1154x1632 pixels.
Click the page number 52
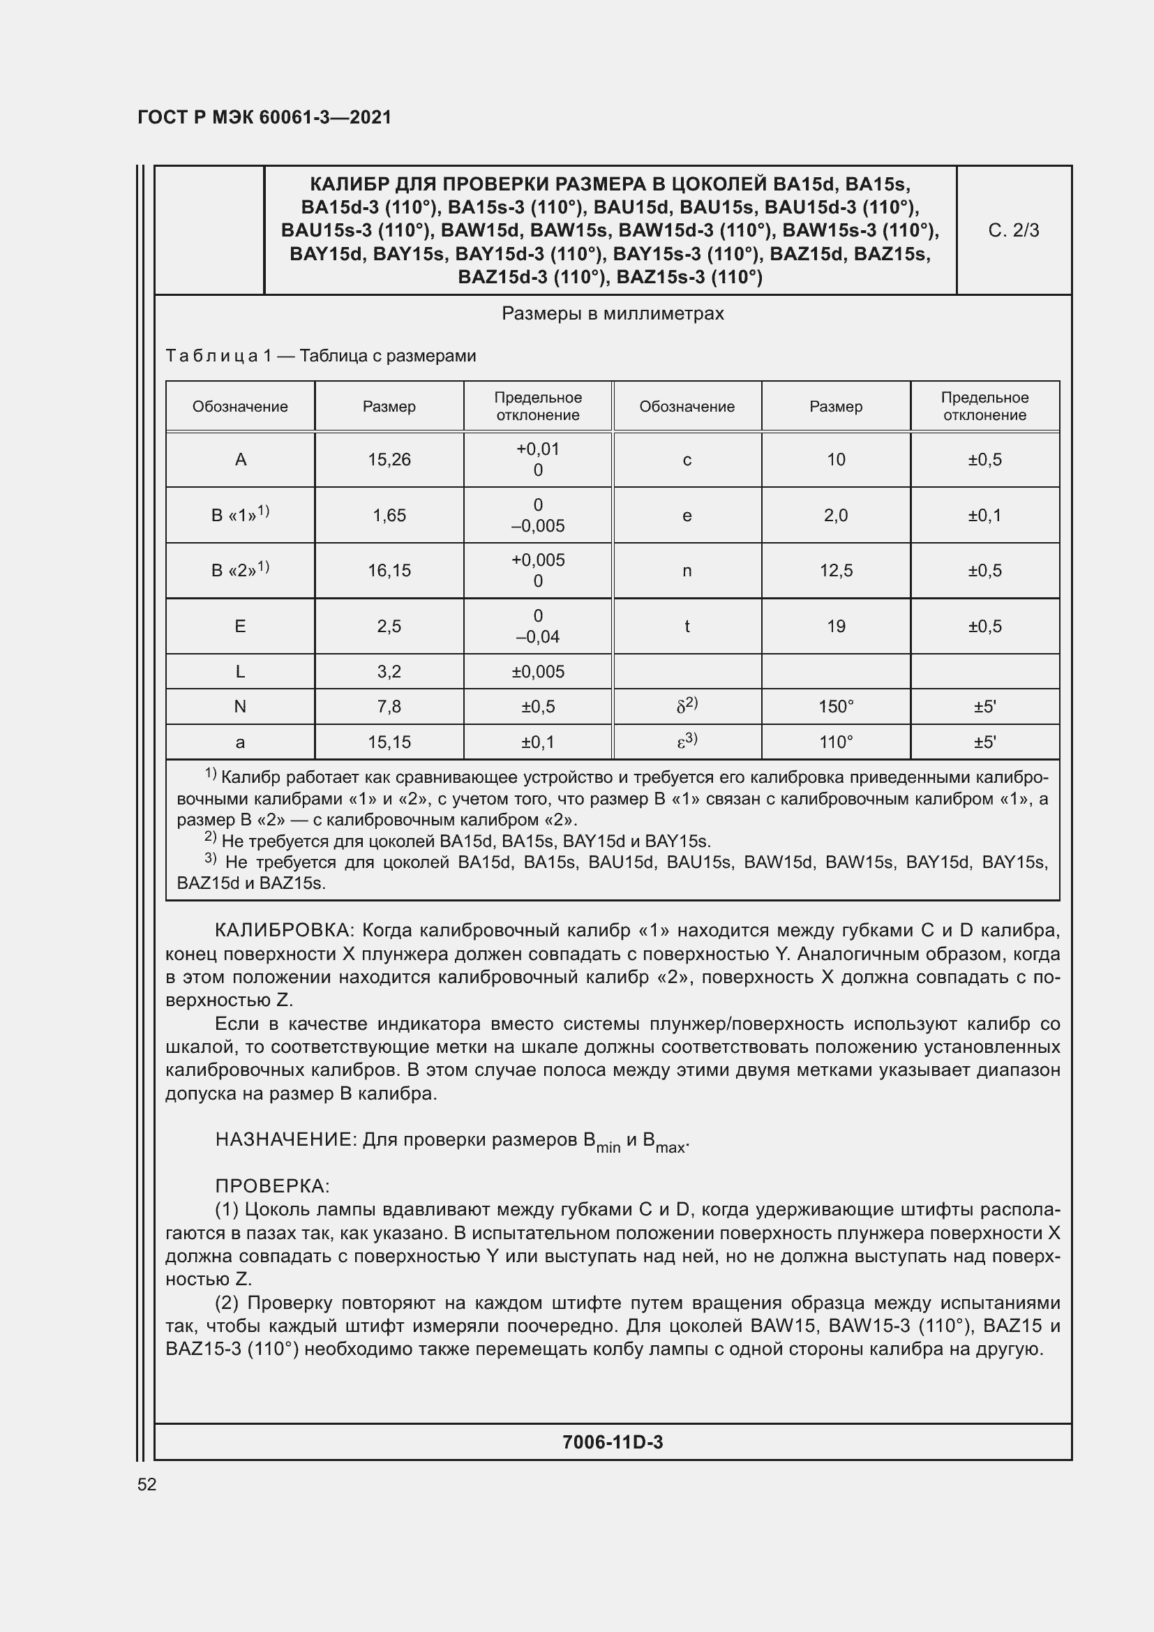[147, 1484]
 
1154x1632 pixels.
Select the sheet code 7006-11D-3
[613, 1442]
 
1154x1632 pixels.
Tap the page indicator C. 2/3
[1013, 230]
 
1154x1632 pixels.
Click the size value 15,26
[389, 460]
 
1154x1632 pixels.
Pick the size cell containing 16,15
[389, 571]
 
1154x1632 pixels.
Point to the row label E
[240, 626]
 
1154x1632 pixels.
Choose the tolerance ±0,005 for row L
[538, 672]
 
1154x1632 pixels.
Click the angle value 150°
[836, 707]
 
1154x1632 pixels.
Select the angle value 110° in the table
[836, 742]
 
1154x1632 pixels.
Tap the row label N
[240, 707]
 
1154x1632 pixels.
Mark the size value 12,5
[836, 571]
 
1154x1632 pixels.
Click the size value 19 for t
[836, 626]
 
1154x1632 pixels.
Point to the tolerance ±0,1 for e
[984, 516]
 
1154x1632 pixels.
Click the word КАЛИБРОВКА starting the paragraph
[283, 931]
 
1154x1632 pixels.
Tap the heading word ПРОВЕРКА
[271, 1186]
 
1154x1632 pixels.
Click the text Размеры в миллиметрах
[613, 313]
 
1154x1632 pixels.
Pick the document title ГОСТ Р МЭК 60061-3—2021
[264, 117]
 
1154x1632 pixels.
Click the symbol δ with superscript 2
[687, 706]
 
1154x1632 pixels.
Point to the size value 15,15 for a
[389, 742]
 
